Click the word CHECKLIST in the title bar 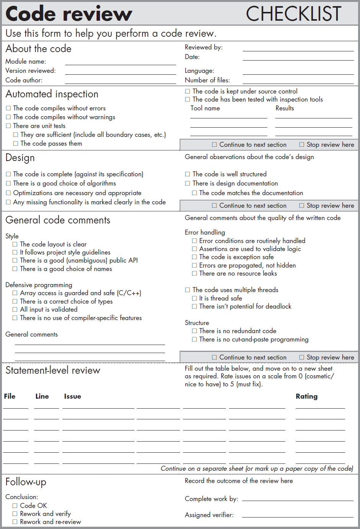[293, 14]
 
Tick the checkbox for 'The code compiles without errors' [8, 108]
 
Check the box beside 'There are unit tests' [8, 126]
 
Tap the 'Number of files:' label [207, 80]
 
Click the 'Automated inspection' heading [52, 94]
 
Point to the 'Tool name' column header [205, 108]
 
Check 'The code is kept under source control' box [188, 92]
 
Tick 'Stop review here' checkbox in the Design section [302, 206]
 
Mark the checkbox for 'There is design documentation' [188, 184]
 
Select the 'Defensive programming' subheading [39, 285]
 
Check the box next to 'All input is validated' [15, 310]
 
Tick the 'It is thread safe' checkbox [195, 299]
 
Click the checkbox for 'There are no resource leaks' [195, 274]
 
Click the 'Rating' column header [306, 396]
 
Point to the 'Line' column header [42, 396]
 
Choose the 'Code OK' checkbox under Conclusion [15, 506]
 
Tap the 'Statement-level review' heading [53, 371]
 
